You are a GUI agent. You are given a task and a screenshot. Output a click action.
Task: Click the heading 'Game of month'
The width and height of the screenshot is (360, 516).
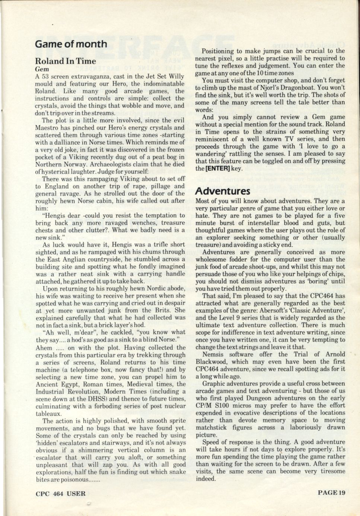71,44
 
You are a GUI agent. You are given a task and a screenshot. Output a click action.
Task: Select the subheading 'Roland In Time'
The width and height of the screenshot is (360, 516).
66,61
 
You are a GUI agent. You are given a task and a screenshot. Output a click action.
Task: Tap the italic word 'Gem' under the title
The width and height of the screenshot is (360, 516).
42,69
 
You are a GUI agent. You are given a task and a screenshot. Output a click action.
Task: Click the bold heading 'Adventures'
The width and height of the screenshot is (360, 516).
223,191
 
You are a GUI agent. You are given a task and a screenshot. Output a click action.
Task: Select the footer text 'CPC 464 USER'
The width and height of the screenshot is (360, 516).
61,494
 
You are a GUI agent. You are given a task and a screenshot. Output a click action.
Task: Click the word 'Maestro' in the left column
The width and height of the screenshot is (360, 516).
48,127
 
